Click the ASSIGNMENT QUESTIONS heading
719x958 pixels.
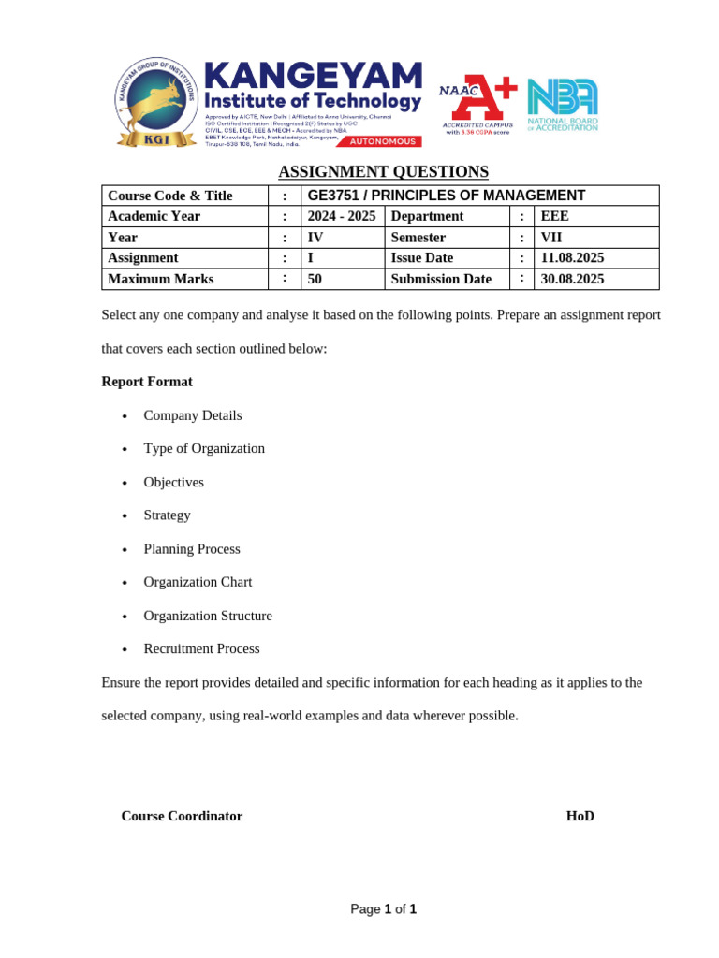[383, 171]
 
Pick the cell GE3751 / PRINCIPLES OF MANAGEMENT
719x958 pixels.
[447, 196]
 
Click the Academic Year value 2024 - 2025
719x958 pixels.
[342, 216]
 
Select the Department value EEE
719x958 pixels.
[554, 216]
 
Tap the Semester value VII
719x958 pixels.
[551, 238]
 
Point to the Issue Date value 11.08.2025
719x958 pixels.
[572, 258]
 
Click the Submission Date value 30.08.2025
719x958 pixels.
[572, 279]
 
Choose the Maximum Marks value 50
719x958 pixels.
[315, 279]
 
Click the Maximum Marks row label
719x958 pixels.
[161, 279]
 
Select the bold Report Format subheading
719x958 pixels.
[147, 382]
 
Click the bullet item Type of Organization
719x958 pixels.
[204, 448]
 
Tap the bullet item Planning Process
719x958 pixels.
[192, 548]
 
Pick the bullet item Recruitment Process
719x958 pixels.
[201, 648]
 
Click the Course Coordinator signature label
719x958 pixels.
[182, 816]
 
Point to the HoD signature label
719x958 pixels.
[580, 816]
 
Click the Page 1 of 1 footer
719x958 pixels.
[383, 909]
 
